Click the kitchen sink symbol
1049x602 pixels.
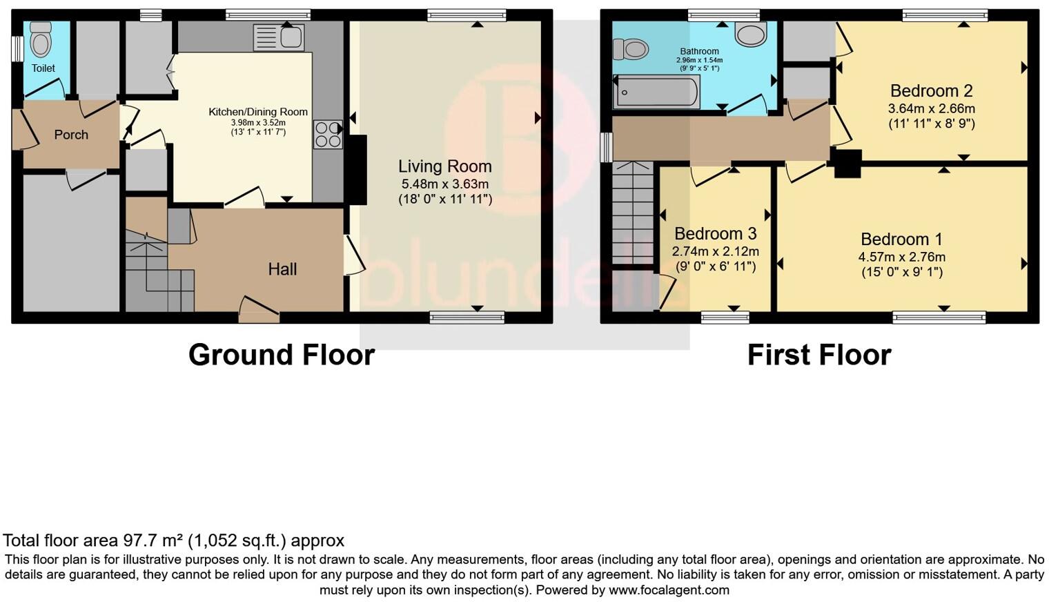[x=278, y=37]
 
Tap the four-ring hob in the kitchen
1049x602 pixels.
[x=328, y=135]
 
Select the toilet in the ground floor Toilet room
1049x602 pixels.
[x=41, y=41]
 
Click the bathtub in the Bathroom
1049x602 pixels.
[x=656, y=92]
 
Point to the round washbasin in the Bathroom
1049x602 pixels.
[x=751, y=34]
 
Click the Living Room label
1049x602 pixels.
[x=444, y=166]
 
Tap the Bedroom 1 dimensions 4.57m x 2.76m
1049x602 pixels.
[x=901, y=257]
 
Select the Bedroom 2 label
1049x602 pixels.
[x=931, y=91]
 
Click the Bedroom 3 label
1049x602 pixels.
[x=715, y=233]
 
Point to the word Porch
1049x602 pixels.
[x=71, y=135]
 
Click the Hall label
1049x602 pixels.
[x=282, y=269]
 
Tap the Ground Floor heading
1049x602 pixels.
[x=281, y=355]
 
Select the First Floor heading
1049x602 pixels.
[x=818, y=355]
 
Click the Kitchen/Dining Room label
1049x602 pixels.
[x=258, y=112]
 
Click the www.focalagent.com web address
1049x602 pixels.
[x=668, y=590]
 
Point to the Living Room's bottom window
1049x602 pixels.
[x=467, y=317]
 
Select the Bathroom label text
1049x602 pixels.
[x=699, y=51]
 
